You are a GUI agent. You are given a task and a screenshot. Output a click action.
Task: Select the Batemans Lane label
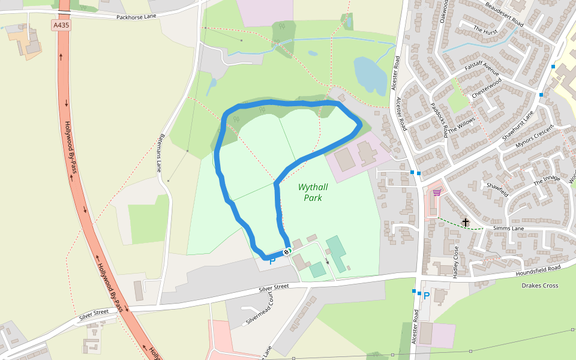(161, 152)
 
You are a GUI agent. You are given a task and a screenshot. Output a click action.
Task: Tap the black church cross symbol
(466, 222)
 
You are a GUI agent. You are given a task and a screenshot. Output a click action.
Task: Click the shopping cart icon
(437, 193)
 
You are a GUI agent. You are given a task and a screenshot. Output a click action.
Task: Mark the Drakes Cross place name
(540, 286)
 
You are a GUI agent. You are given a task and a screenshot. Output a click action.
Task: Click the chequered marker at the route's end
(286, 252)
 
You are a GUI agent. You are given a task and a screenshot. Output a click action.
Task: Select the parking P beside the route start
(272, 261)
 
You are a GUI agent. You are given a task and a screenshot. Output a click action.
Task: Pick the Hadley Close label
(456, 261)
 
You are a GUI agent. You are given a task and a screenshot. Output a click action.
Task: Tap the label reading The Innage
(547, 179)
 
